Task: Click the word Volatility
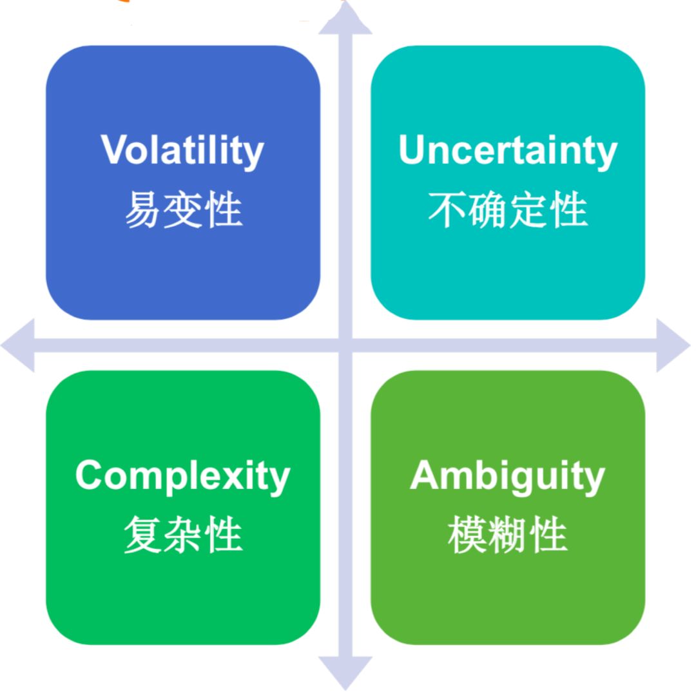click(x=182, y=151)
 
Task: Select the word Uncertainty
click(x=508, y=151)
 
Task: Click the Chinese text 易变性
click(x=183, y=209)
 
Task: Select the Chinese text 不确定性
click(x=508, y=209)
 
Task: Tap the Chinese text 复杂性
click(x=183, y=535)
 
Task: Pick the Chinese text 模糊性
click(x=508, y=535)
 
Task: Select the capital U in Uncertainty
click(x=412, y=149)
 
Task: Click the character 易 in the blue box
click(x=142, y=209)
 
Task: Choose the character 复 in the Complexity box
click(x=142, y=535)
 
